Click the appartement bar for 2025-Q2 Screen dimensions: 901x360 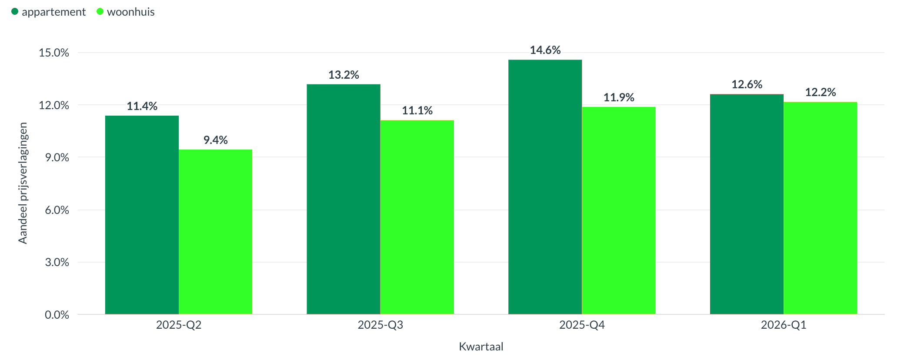[142, 215]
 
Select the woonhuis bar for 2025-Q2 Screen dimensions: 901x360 [215, 232]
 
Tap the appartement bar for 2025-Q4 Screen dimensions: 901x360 [545, 187]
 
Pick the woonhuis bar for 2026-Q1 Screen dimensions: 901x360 [820, 208]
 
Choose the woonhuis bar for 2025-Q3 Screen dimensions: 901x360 [417, 217]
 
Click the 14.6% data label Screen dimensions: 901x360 [545, 50]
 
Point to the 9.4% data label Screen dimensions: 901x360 [215, 140]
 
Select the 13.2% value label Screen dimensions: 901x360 [344, 75]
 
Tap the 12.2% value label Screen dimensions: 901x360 [820, 92]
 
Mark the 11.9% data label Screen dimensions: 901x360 [619, 97]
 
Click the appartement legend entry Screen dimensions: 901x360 [49, 12]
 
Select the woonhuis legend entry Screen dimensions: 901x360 [126, 12]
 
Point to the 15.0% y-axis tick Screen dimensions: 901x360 [54, 53]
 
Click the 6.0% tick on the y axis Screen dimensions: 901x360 [57, 210]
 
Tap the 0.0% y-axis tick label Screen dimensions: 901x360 [57, 315]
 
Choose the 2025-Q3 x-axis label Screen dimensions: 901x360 [380, 325]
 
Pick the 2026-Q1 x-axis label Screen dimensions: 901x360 [784, 325]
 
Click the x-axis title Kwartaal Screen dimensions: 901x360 [481, 347]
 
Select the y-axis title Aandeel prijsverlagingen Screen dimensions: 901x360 [23, 183]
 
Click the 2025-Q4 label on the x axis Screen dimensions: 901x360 [582, 325]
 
